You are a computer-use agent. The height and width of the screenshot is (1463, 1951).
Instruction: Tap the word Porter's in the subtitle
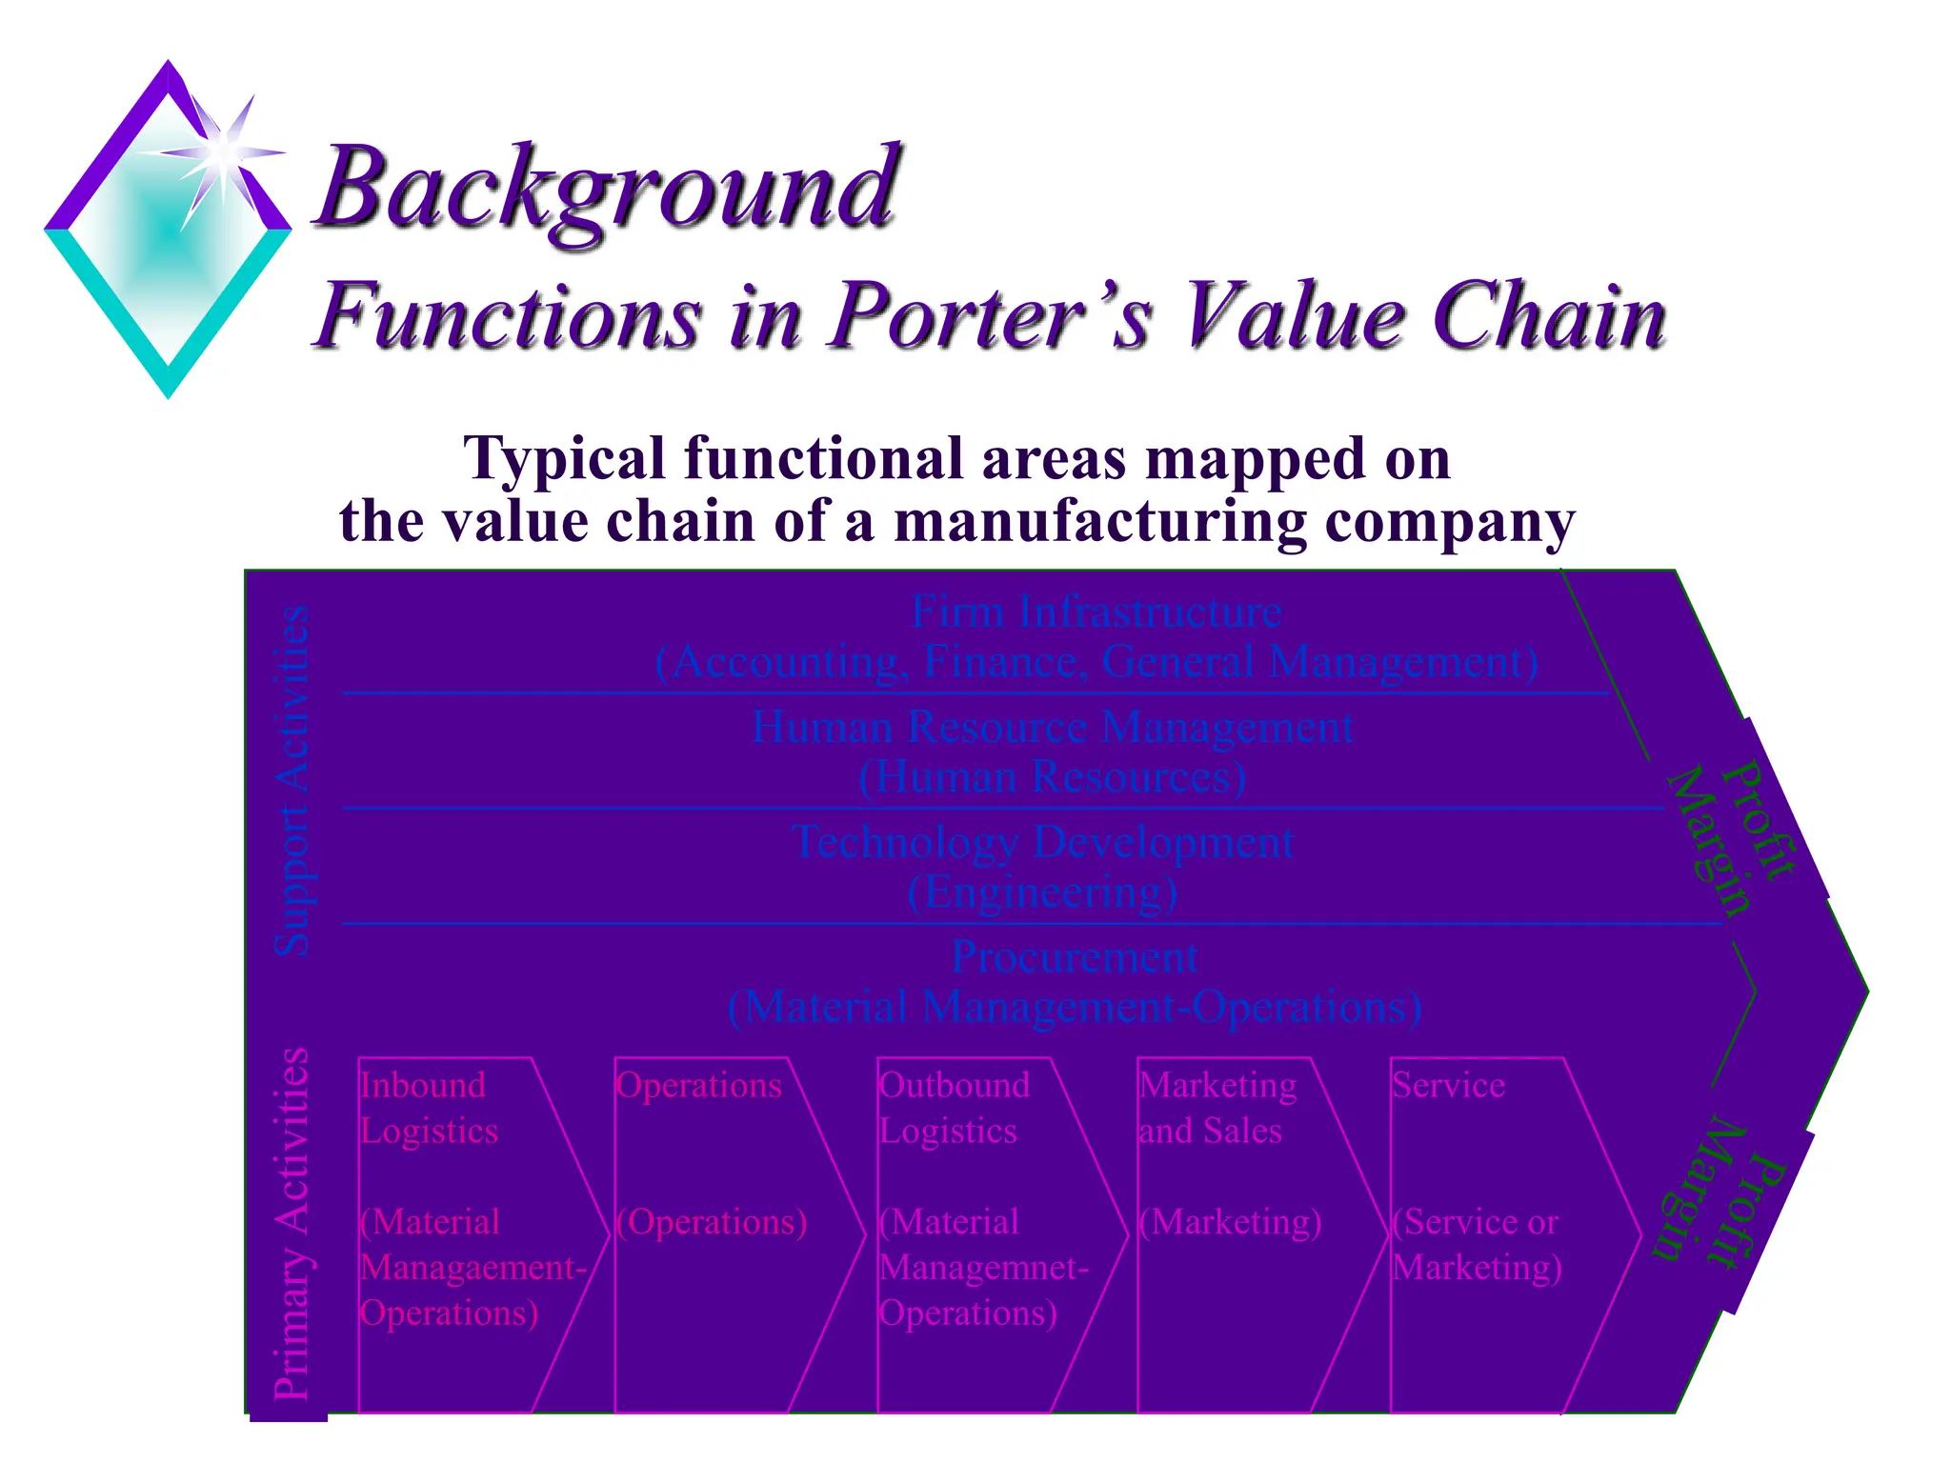(x=991, y=316)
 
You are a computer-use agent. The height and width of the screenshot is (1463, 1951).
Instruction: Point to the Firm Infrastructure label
(x=1096, y=611)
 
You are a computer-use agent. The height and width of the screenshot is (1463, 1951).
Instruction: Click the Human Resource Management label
(x=1052, y=728)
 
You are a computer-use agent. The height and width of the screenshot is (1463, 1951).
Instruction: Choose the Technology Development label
(x=1042, y=843)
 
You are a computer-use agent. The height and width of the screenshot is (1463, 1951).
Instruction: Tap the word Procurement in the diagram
(x=1075, y=957)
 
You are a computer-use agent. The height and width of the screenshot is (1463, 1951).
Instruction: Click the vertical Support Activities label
(x=292, y=781)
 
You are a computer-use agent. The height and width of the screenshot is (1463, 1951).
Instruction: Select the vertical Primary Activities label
(x=292, y=1224)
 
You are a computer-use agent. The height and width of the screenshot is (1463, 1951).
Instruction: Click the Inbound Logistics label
(x=428, y=1108)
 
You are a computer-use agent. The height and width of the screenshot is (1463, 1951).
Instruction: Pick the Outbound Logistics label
(x=953, y=1108)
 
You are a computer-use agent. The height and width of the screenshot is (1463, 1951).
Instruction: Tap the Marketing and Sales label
(x=1217, y=1108)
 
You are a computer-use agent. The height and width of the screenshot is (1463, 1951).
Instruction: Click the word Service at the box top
(x=1448, y=1086)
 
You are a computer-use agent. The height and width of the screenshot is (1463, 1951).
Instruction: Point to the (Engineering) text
(x=1042, y=893)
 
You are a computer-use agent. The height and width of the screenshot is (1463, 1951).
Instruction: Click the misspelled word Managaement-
(x=473, y=1268)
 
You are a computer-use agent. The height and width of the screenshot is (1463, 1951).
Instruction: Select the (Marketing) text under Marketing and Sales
(x=1231, y=1222)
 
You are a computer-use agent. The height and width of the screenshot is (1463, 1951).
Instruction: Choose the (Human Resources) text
(x=1052, y=777)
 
